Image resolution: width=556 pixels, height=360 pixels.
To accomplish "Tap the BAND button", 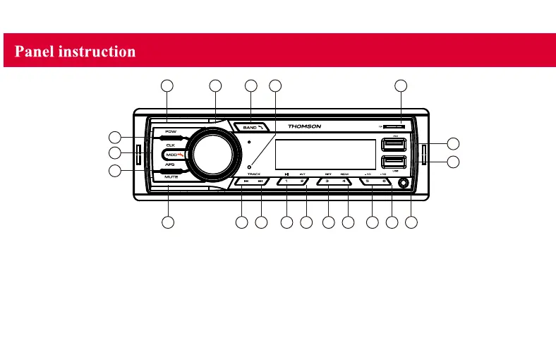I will pos(251,127).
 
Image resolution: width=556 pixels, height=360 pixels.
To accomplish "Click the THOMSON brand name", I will pos(304,127).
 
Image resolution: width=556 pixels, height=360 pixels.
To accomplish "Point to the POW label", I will pos(171,132).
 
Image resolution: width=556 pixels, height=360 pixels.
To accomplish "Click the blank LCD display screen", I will pos(325,154).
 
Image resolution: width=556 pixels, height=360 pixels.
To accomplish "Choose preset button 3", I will pos(327,181).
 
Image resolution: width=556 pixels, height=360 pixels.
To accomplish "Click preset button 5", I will pos(369,181).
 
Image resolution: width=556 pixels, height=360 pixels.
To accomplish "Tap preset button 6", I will pos(385,181).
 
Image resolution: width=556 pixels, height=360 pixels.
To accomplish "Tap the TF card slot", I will pos(394,127).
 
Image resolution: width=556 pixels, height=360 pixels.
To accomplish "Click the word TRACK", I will pos(253,174).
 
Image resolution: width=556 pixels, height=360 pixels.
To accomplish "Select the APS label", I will pos(170,164).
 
